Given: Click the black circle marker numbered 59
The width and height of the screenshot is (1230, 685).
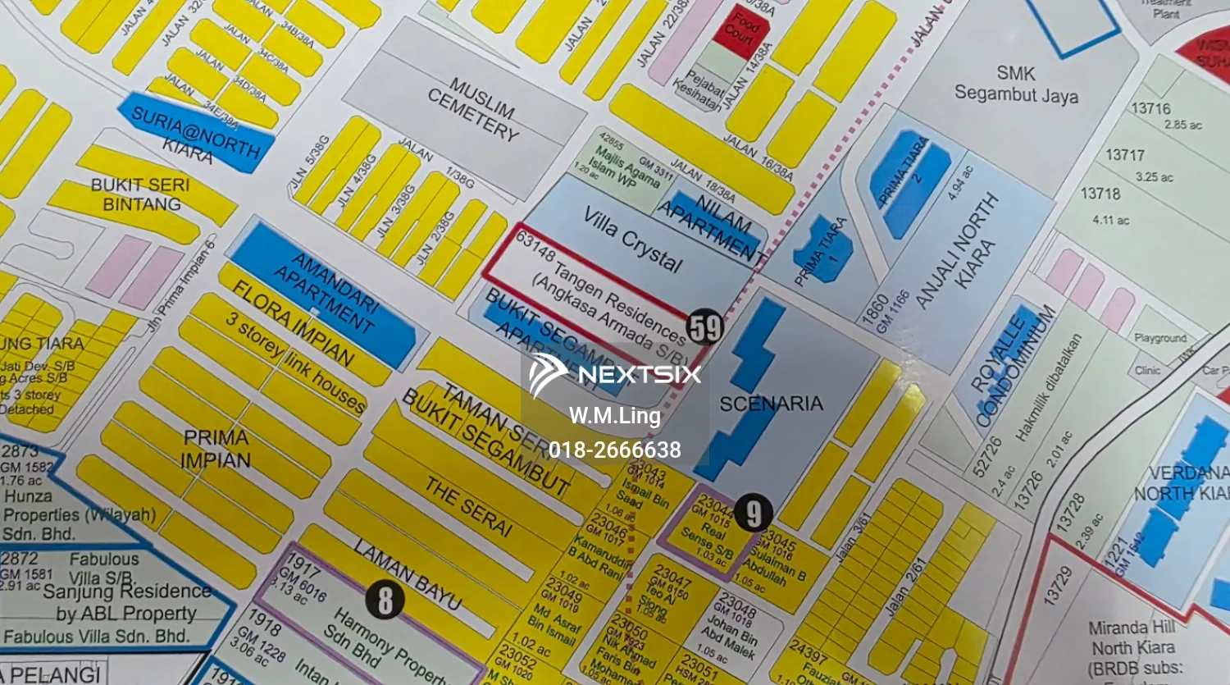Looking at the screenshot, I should [x=705, y=327].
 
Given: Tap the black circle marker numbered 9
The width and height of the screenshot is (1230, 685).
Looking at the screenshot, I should [x=753, y=514].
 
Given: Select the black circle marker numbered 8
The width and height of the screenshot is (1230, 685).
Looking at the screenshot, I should [x=385, y=600].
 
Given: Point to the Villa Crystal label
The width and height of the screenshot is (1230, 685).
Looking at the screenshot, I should [x=632, y=239].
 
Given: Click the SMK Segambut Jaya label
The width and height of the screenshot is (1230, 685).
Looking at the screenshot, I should [x=1016, y=84].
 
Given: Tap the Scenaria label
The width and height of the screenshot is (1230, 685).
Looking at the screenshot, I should [x=771, y=404].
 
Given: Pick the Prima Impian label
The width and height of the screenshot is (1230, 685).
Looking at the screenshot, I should [x=216, y=449].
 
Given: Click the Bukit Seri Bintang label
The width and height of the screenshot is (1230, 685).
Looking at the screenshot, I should [x=140, y=194].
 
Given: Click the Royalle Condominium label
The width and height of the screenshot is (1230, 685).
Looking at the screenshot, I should [x=1014, y=364].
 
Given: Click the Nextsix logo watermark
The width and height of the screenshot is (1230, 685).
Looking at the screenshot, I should [x=615, y=375].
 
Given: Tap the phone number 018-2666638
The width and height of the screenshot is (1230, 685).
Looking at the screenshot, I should [x=615, y=450].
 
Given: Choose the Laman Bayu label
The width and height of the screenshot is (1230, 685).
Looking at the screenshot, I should [x=408, y=573].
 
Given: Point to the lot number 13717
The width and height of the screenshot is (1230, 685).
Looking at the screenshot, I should [x=1125, y=155].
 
